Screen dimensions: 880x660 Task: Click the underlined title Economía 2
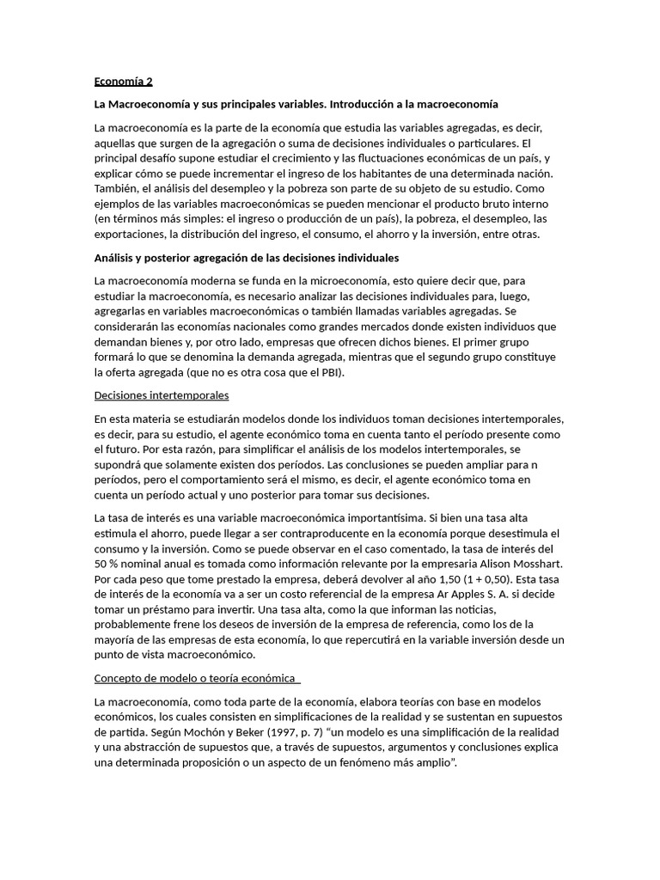click(x=123, y=82)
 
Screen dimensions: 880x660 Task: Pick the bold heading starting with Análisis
click(x=247, y=257)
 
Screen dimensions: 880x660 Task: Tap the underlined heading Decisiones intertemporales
click(x=162, y=395)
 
